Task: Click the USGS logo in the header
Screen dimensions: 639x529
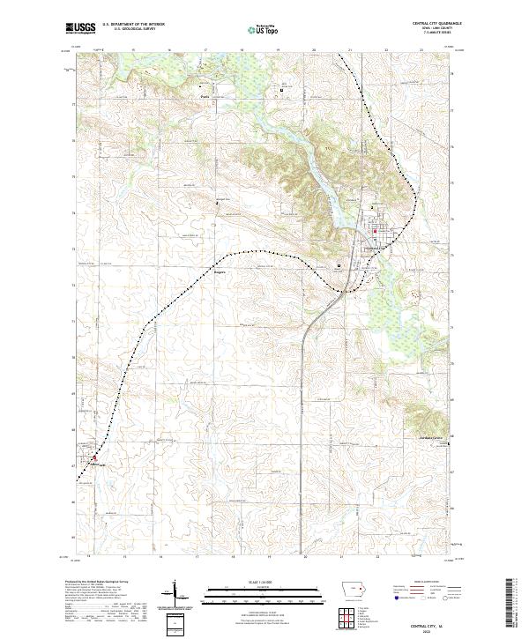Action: coord(80,28)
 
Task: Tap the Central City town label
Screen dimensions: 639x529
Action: coord(376,248)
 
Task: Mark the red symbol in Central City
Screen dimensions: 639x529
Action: coord(375,233)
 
